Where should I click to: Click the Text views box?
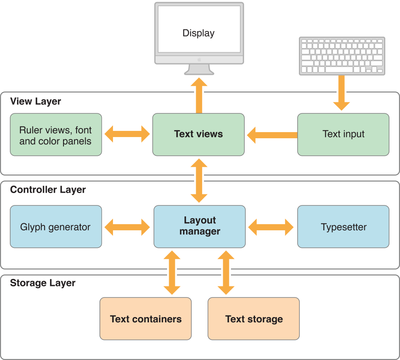pyautogui.click(x=198, y=134)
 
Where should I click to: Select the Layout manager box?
pyautogui.click(x=199, y=226)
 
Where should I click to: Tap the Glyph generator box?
pyautogui.click(x=56, y=227)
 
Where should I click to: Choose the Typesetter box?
pyautogui.click(x=343, y=227)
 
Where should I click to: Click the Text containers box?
pyautogui.click(x=145, y=319)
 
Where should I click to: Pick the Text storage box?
pyautogui.click(x=253, y=319)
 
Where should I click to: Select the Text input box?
pyautogui.click(x=343, y=134)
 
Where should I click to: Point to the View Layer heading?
pyautogui.click(x=36, y=101)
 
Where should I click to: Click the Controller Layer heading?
pyautogui.click(x=48, y=190)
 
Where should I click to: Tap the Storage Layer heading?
pyautogui.click(x=43, y=283)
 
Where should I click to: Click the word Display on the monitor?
pyautogui.click(x=199, y=33)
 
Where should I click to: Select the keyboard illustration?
pyautogui.click(x=341, y=56)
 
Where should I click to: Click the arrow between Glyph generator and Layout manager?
pyautogui.click(x=127, y=227)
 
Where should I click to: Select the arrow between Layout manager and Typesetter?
pyautogui.click(x=271, y=227)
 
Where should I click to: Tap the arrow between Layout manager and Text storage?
pyautogui.click(x=226, y=272)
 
